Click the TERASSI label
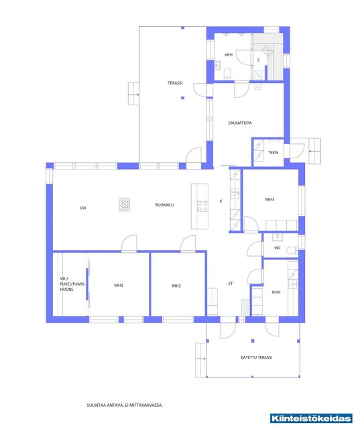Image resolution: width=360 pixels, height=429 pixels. point(175,82)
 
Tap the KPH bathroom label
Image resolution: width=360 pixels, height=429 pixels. point(229,55)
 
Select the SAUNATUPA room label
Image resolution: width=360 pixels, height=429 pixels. point(240,123)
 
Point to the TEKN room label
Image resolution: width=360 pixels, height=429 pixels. point(273,152)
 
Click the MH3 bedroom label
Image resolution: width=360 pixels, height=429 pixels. point(269,200)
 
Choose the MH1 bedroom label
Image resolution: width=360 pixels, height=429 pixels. point(119,285)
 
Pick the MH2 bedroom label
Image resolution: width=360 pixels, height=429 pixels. point(176,286)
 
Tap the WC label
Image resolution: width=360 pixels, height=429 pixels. point(278,248)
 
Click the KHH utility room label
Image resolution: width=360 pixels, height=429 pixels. point(276,292)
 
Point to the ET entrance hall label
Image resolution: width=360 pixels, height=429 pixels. point(231,284)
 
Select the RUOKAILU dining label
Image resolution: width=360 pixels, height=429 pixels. point(164,204)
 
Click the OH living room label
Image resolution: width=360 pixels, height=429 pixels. point(83,208)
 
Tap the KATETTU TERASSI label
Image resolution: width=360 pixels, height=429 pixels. point(256,357)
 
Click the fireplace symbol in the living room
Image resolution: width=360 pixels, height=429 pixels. point(124,204)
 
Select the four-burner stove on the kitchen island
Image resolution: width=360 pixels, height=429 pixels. point(202,206)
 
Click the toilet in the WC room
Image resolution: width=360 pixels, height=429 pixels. point(292,250)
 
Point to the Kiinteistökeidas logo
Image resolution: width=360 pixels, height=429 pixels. point(311,418)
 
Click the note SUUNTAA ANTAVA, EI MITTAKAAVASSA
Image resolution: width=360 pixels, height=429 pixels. point(125,405)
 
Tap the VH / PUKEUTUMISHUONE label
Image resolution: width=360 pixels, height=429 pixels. point(72,284)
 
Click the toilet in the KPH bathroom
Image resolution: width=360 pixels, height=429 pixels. point(228,74)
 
